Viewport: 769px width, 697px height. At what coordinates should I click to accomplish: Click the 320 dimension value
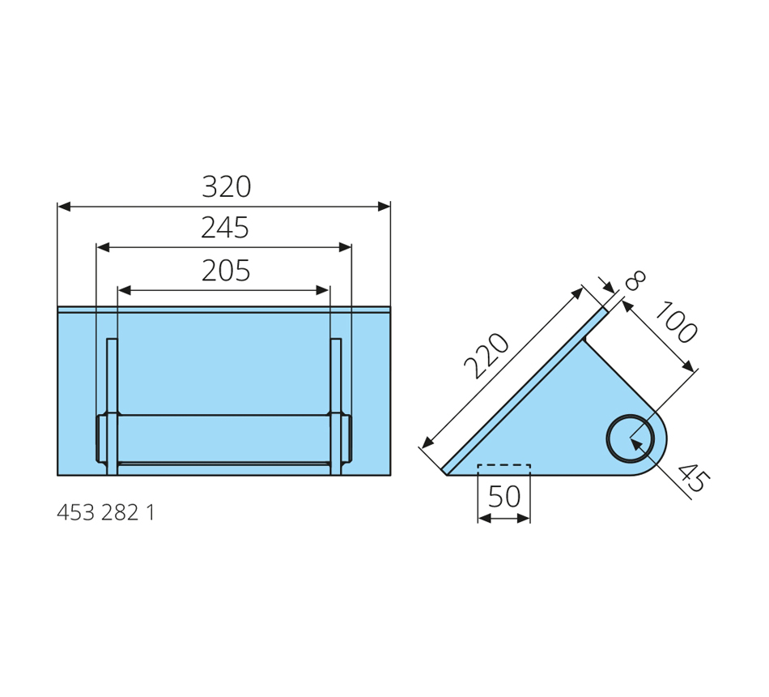[226, 186]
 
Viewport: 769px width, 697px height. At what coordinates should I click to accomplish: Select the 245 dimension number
[225, 228]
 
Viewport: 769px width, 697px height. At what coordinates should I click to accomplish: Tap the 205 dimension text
[226, 271]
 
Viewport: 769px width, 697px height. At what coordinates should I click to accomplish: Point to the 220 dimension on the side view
[487, 356]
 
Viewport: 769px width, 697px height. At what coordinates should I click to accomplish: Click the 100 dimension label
[676, 323]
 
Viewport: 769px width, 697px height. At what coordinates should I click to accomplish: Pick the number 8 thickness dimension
[635, 280]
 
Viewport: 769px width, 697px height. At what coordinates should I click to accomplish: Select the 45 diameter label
[694, 477]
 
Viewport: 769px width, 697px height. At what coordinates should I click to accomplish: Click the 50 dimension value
[504, 497]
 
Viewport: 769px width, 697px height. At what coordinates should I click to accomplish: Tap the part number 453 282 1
[105, 513]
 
